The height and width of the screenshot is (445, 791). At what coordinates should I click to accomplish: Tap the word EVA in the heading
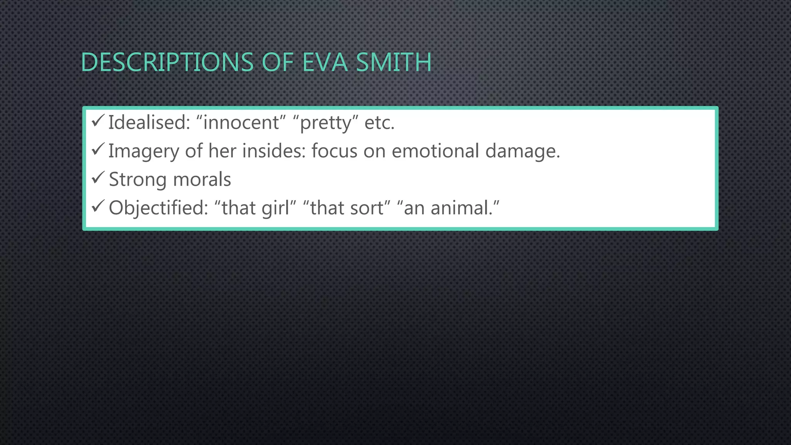(325, 62)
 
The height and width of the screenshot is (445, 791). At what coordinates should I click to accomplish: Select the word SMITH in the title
(393, 62)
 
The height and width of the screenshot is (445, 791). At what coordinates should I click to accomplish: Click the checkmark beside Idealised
(97, 121)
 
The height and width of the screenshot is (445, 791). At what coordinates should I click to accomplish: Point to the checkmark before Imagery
(97, 149)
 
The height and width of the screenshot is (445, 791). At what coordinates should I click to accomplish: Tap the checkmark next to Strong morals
(97, 178)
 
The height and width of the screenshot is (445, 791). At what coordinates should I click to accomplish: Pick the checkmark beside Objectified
(97, 206)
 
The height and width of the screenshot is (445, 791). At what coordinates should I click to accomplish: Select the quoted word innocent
(241, 123)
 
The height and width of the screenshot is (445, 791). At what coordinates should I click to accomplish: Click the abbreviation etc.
(379, 123)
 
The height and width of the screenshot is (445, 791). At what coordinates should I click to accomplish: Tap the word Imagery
(144, 151)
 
